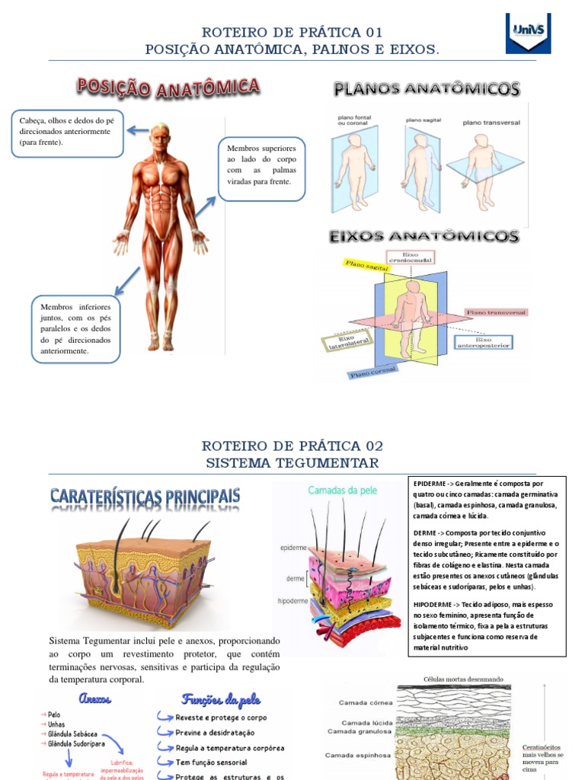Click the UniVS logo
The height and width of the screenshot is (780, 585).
point(528,33)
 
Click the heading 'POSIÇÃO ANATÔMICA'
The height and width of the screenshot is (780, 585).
point(168,88)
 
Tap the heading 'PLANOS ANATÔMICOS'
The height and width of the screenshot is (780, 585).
point(427,90)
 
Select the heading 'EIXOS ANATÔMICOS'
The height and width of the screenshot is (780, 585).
point(424,237)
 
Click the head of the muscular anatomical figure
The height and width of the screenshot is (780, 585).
point(160,137)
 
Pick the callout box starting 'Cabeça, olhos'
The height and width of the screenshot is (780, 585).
point(67,133)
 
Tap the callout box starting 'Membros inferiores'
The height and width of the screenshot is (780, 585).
point(75,329)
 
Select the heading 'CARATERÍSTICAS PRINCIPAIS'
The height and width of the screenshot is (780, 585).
point(145,497)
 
